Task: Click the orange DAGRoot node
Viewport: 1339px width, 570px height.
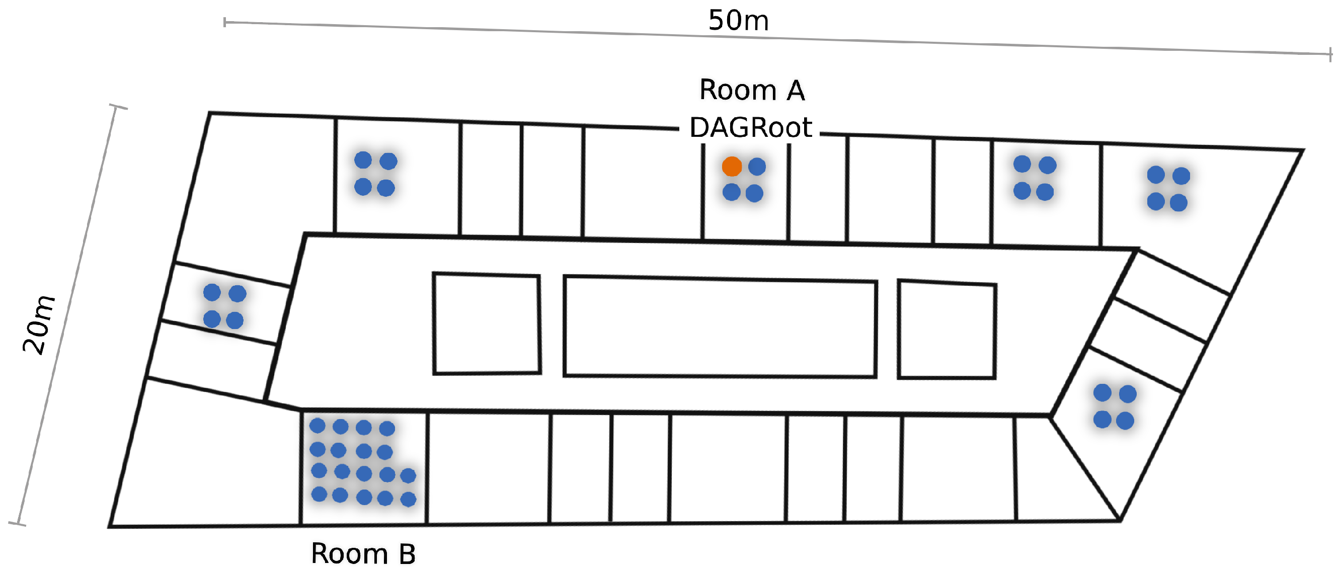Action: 732,167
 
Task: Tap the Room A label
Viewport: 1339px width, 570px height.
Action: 752,90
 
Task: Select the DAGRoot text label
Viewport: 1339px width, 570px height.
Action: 750,128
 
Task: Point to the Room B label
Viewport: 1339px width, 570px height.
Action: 363,553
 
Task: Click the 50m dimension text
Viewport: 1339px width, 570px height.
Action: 738,21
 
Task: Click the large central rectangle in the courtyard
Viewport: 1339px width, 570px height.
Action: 720,327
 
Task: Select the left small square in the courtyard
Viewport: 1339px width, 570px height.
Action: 487,323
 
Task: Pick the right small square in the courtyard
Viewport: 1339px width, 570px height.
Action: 947,330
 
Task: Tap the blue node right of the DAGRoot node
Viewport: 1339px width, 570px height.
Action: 757,167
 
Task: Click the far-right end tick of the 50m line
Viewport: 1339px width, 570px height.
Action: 1330,54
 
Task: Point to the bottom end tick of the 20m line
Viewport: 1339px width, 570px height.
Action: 17,523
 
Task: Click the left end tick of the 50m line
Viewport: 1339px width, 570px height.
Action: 224,22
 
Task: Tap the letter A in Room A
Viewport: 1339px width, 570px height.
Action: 795,91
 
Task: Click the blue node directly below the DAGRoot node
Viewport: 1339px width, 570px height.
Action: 731,192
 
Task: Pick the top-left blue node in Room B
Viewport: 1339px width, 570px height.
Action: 317,426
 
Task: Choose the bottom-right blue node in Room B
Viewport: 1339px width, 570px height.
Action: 409,499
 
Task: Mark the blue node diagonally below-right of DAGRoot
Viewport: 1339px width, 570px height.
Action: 754,193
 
